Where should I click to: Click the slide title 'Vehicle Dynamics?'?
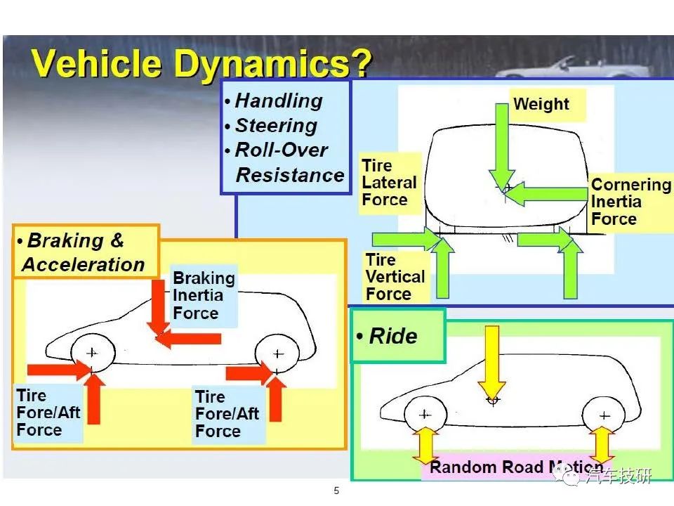click(201, 64)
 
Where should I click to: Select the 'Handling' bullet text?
click(279, 101)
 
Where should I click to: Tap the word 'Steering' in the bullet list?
click(277, 126)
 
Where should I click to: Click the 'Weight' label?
click(541, 104)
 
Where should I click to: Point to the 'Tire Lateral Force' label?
click(389, 183)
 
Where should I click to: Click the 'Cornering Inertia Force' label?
click(630, 202)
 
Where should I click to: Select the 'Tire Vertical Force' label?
click(395, 277)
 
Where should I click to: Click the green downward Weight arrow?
click(501, 146)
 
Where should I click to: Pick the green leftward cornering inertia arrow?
click(546, 194)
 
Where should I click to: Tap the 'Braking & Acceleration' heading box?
click(86, 252)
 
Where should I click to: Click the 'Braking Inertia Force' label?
click(204, 295)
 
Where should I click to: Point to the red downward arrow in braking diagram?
click(158, 307)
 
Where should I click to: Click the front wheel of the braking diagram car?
click(93, 353)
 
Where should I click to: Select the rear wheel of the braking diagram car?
click(277, 354)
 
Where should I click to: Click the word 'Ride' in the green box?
click(393, 336)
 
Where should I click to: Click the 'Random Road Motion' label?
click(516, 467)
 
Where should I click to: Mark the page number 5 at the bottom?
click(336, 491)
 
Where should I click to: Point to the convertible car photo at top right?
click(581, 67)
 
